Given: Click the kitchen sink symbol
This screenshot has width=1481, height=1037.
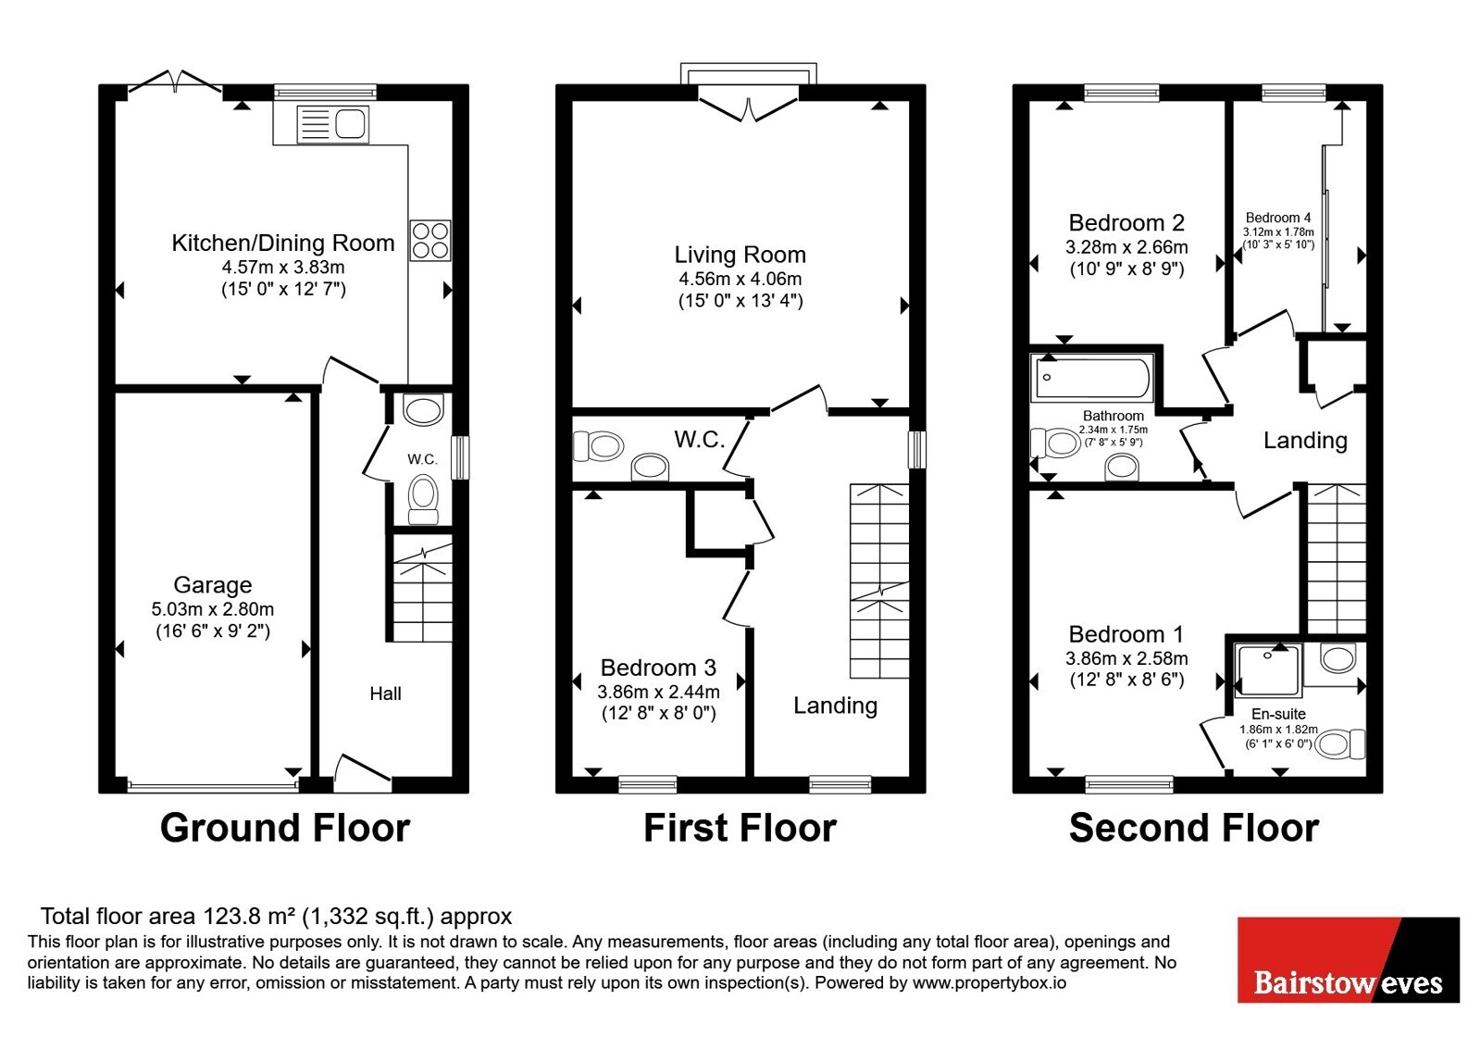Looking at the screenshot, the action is coord(332,124).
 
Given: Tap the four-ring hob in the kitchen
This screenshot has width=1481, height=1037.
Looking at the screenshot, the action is coord(429,240).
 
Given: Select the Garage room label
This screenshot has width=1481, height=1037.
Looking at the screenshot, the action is coord(213,584).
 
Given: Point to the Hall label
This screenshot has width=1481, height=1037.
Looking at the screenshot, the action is coord(385,693).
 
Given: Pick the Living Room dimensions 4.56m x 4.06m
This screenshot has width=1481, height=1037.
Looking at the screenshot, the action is coord(740,279).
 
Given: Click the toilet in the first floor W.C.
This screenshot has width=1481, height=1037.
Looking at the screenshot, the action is coord(598,446).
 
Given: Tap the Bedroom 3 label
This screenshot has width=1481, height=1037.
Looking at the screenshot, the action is coord(658,668).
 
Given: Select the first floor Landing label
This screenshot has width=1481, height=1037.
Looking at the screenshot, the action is coord(836,706).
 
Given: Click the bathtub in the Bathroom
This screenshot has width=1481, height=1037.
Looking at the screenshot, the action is coord(1092,378).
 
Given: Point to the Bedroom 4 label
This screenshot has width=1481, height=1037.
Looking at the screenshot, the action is coord(1278,218).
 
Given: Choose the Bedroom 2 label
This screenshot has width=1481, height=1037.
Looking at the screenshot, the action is coord(1126,223).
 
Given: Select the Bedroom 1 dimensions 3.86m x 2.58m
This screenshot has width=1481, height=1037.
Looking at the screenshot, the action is coord(1126,658).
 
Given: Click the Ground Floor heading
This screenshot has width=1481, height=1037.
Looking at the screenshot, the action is coord(285,828).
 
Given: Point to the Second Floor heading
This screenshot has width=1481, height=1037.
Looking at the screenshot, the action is coord(1194,828).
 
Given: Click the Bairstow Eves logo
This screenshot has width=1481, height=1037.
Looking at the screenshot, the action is coord(1349,959).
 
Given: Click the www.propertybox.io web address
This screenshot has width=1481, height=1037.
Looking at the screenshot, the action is coord(989,982).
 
